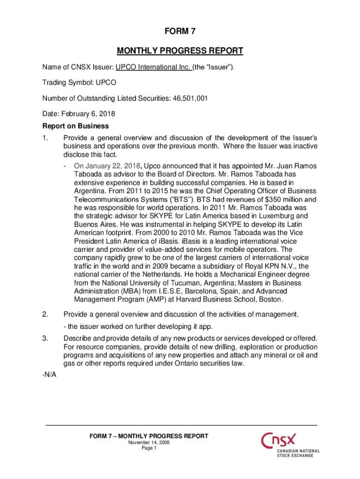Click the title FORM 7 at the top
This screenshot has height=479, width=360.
180,31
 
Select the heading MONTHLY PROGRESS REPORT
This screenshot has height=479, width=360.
180,51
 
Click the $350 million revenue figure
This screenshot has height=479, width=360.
285,199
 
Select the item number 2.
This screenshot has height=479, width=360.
45,313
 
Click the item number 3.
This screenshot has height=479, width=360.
45,338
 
